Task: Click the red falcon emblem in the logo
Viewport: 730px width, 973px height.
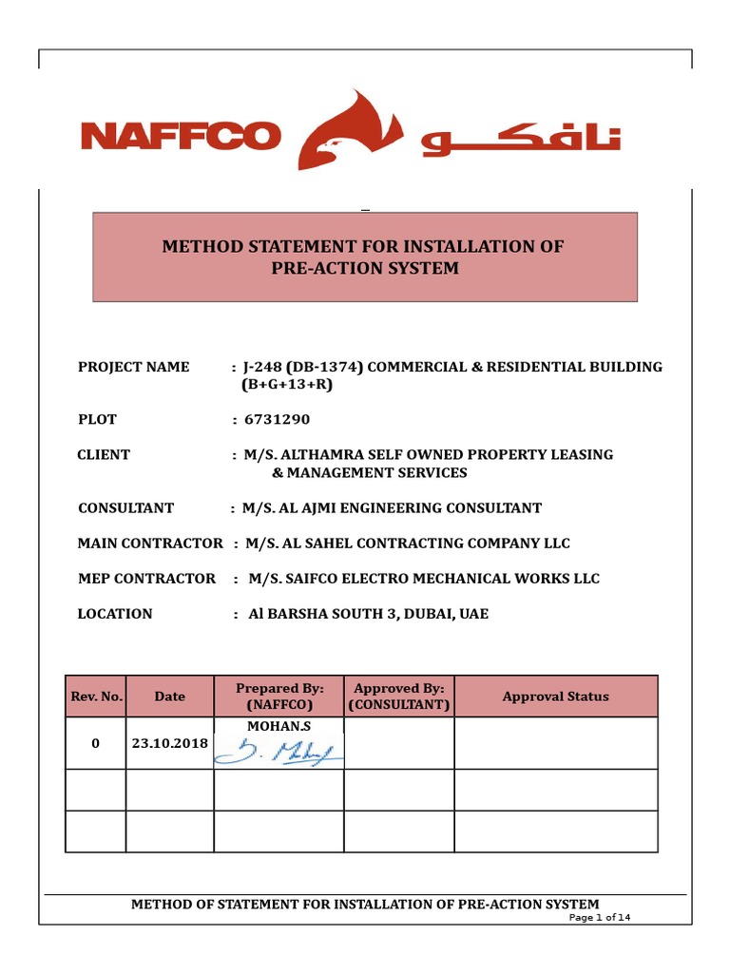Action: (348, 132)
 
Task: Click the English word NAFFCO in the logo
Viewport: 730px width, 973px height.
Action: (181, 136)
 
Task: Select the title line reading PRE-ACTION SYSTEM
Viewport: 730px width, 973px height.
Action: (365, 268)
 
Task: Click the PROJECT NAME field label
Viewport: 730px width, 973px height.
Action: (133, 367)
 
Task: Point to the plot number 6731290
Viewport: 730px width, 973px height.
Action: (278, 419)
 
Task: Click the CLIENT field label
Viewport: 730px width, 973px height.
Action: (104, 454)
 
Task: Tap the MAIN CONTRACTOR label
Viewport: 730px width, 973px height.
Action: (150, 543)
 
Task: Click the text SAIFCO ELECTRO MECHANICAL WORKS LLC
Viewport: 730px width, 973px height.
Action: (434, 578)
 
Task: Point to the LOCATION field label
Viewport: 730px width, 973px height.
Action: (115, 614)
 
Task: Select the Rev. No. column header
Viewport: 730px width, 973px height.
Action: (96, 696)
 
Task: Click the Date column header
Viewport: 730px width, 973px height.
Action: (169, 696)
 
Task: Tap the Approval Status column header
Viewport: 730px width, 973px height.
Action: (555, 696)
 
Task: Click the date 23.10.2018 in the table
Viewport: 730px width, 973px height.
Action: (169, 743)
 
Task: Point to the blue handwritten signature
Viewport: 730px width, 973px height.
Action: (279, 752)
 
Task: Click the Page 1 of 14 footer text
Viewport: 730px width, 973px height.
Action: (599, 918)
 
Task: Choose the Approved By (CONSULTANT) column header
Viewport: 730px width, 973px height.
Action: (398, 696)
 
